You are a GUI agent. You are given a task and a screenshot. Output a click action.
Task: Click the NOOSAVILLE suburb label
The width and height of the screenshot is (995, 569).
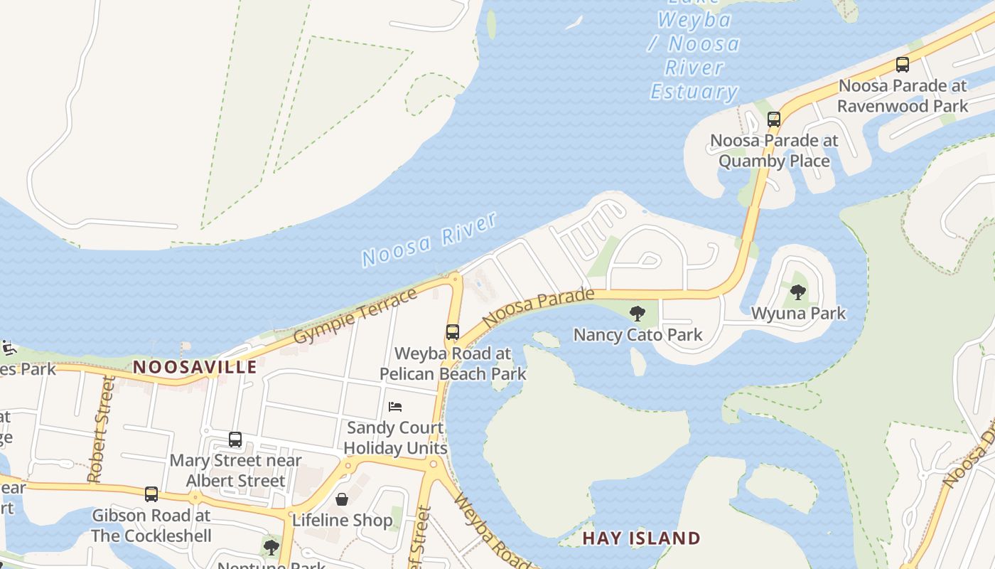[x=195, y=367]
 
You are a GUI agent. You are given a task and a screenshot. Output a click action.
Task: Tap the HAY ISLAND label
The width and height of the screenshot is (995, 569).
[x=641, y=538]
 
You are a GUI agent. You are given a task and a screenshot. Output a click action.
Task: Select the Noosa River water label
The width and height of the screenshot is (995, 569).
[x=429, y=239]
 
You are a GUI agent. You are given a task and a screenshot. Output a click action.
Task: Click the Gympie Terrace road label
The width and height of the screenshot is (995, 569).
[x=355, y=315]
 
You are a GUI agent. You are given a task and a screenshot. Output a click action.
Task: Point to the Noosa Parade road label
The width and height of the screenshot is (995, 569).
[x=538, y=307]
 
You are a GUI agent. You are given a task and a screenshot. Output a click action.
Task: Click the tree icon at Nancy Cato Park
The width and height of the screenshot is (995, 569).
[x=638, y=313]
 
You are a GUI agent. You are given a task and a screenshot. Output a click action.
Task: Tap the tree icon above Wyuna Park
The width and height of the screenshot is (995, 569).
[x=798, y=292]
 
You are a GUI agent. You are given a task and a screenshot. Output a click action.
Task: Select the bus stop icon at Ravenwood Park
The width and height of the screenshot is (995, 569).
[x=902, y=65]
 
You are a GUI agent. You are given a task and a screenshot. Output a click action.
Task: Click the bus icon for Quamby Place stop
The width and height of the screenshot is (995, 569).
[x=774, y=119]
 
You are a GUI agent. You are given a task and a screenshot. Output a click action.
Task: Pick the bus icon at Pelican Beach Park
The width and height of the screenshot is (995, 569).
[x=452, y=332]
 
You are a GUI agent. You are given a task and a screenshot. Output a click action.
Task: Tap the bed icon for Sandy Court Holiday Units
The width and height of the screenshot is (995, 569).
[x=395, y=407]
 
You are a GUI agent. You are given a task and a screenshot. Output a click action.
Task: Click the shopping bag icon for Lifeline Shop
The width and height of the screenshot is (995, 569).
[x=342, y=499]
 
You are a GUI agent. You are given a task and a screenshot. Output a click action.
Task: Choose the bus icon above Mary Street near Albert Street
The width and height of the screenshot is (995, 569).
[x=235, y=440]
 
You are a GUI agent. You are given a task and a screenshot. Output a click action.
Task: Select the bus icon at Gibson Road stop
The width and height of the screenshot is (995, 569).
[x=151, y=494]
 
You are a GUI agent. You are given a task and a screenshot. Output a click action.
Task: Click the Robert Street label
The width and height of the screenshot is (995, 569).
[x=99, y=430]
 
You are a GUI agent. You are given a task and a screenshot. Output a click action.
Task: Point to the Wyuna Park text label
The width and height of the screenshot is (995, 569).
[x=798, y=313]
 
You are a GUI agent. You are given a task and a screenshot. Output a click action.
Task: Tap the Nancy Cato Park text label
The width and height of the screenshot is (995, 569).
[x=638, y=334]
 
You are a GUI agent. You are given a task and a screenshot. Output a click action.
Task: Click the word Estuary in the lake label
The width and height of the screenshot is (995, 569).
[x=694, y=92]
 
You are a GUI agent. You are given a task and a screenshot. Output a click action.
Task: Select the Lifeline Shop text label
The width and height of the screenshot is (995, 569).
[x=342, y=520]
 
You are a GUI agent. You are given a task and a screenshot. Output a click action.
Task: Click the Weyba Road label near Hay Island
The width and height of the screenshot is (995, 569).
[x=490, y=530]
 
